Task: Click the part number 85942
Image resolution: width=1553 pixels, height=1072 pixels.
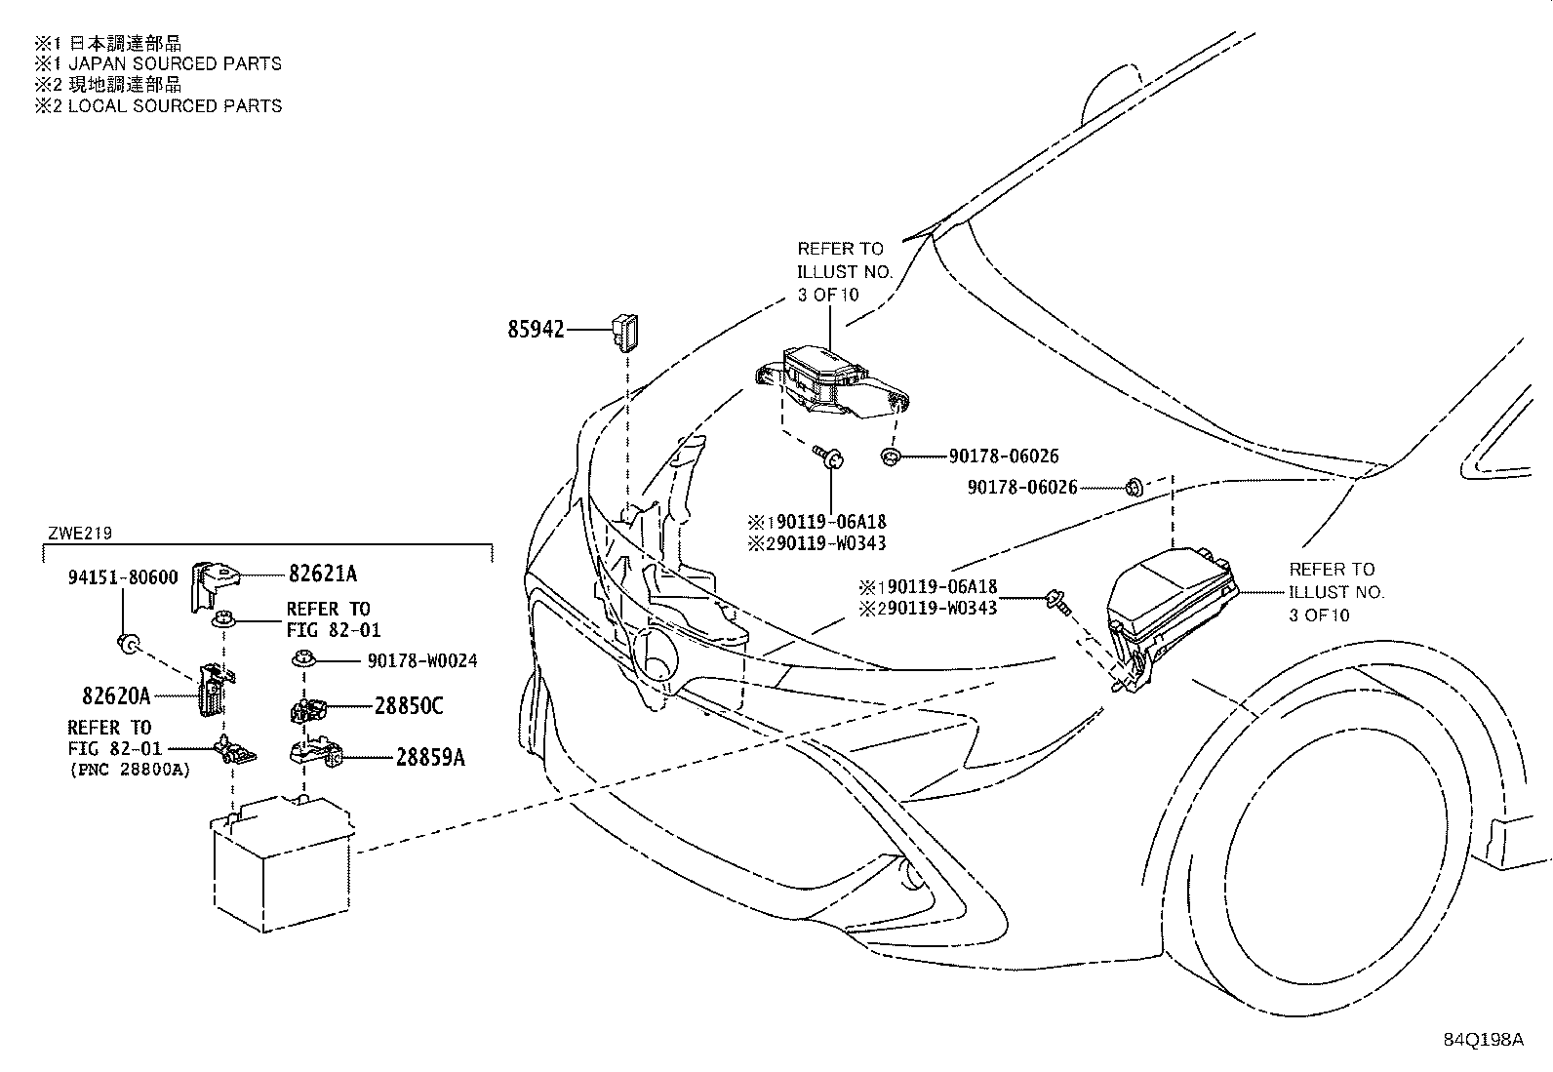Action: pos(536,329)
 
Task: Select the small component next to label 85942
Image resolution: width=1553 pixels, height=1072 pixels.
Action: pos(624,333)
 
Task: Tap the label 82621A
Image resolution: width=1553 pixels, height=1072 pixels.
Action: pos(323,574)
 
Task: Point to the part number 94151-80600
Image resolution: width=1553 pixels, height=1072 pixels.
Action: pos(123,576)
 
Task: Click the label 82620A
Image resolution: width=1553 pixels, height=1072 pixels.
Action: pos(116,695)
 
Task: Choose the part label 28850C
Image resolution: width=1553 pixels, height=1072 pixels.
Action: pos(409,706)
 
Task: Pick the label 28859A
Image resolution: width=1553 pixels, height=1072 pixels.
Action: pos(430,757)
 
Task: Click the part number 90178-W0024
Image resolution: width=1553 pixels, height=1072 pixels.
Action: pos(422,660)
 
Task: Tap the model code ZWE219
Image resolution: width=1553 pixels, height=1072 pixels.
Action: pos(80,534)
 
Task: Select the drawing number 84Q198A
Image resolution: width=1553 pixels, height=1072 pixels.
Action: pos(1483,1040)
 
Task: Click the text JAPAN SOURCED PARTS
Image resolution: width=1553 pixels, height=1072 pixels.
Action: pos(175,63)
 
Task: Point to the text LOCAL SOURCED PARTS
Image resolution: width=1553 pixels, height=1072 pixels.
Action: pos(175,106)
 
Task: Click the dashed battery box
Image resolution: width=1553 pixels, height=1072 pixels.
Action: pos(283,864)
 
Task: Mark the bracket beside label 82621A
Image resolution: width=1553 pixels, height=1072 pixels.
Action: pos(214,586)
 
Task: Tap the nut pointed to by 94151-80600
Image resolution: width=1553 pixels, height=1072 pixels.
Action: pos(128,643)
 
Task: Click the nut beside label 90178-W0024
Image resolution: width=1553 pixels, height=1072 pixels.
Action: pos(303,658)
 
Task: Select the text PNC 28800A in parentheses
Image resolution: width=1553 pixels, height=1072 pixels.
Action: pos(131,770)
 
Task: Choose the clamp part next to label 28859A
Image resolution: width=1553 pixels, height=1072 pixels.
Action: pos(316,752)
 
